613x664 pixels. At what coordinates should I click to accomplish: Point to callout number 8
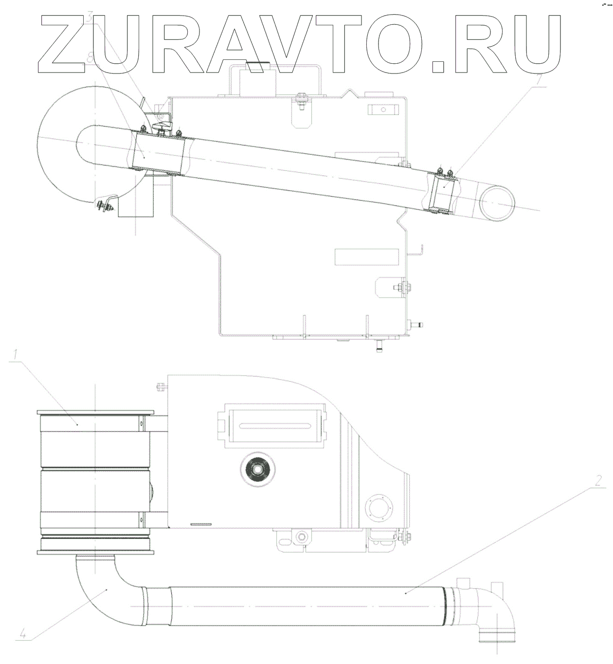90,57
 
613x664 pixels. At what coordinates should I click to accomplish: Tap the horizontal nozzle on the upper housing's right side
417,324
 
